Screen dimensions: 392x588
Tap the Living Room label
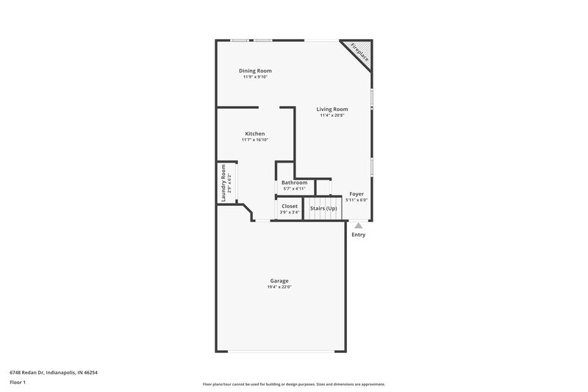click(x=332, y=109)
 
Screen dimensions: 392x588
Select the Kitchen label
click(x=255, y=133)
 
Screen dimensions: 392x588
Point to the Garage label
click(x=279, y=280)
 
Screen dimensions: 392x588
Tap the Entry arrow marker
click(x=358, y=226)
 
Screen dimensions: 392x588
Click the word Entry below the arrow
click(x=358, y=235)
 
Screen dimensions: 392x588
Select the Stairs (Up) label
click(x=323, y=208)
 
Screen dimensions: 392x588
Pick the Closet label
click(x=290, y=206)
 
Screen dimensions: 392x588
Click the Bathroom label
click(x=294, y=182)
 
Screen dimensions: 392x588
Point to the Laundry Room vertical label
click(x=223, y=182)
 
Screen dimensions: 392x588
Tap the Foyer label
click(x=356, y=193)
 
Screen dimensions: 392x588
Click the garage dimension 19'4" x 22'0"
click(x=279, y=287)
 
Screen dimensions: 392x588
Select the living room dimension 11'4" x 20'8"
click(x=332, y=115)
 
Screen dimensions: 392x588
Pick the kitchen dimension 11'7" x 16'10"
click(x=255, y=140)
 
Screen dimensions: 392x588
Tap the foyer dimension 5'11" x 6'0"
click(x=356, y=200)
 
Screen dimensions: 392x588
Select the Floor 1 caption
click(x=18, y=383)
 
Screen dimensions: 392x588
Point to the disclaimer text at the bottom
click(x=294, y=385)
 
